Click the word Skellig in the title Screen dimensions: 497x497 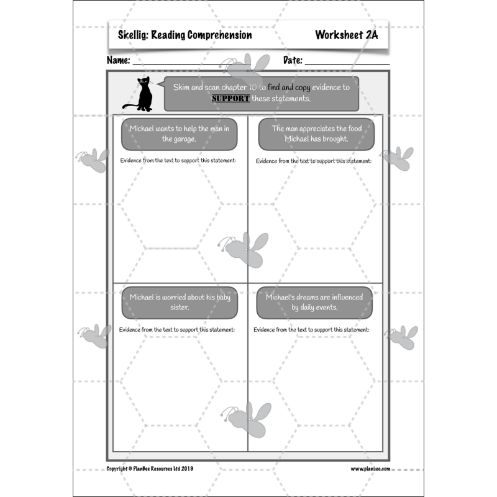point(132,35)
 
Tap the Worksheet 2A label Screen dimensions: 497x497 point(346,35)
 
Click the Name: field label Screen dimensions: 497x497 point(119,61)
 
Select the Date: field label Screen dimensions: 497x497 point(293,61)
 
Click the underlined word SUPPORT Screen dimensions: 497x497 point(230,99)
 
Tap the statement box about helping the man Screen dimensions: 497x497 point(179,134)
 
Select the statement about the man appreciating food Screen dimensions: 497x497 point(316,134)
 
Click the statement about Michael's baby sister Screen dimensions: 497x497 point(179,302)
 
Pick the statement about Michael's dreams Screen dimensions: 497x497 point(314,302)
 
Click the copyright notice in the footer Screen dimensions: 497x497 point(150,468)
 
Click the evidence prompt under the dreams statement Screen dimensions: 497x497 point(312,329)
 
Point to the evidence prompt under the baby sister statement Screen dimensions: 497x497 point(177,329)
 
